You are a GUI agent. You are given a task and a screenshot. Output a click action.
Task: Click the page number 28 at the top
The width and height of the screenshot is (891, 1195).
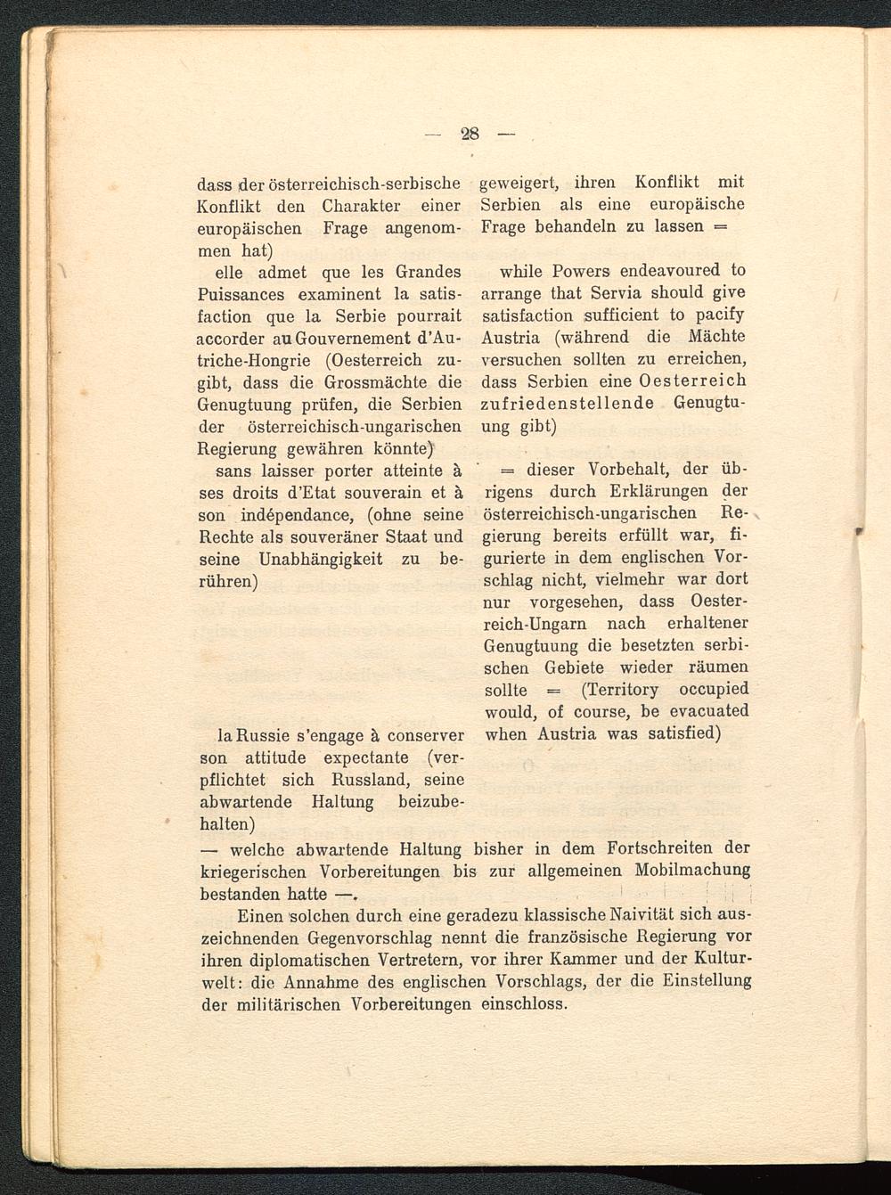470,135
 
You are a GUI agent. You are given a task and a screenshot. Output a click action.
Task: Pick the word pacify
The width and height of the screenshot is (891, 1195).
718,315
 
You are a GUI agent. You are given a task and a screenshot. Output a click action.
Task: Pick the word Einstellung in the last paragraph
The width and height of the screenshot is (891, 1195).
699,982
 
